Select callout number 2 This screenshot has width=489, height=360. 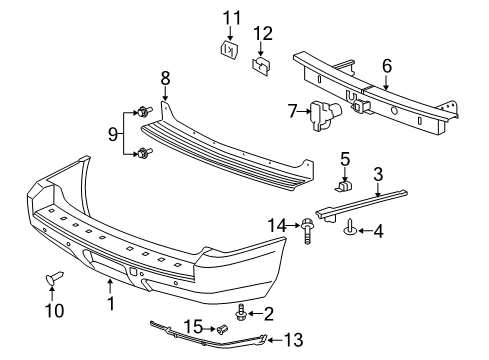(267, 314)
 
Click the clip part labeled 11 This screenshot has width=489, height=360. (226, 48)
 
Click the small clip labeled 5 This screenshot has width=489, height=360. (345, 185)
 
